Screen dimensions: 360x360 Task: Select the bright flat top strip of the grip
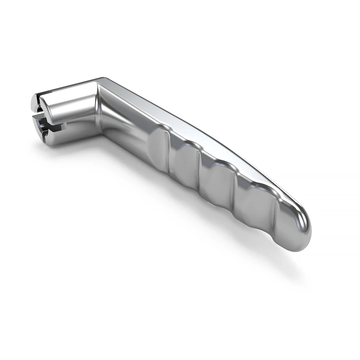(x=189, y=126)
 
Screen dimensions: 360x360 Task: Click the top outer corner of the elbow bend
(x=102, y=80)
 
